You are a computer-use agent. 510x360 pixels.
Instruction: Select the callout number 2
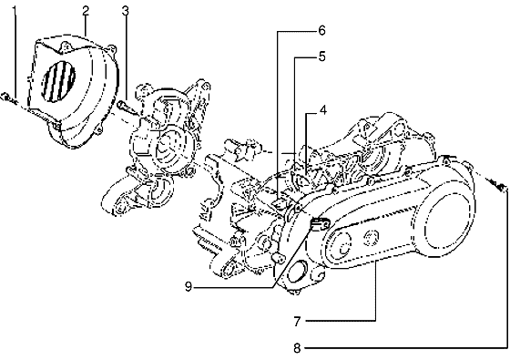[x=84, y=10]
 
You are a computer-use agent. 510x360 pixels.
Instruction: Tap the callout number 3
[x=126, y=10]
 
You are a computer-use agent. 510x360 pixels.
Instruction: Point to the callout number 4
[x=322, y=113]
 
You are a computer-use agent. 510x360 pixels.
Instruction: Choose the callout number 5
[x=321, y=57]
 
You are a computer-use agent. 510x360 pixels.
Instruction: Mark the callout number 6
[x=321, y=30]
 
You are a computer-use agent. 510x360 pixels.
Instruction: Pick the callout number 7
[x=297, y=321]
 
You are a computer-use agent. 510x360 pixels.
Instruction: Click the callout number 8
[x=297, y=347]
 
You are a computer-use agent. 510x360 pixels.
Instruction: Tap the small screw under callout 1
[x=7, y=98]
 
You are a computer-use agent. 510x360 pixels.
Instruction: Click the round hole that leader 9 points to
[x=297, y=273]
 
